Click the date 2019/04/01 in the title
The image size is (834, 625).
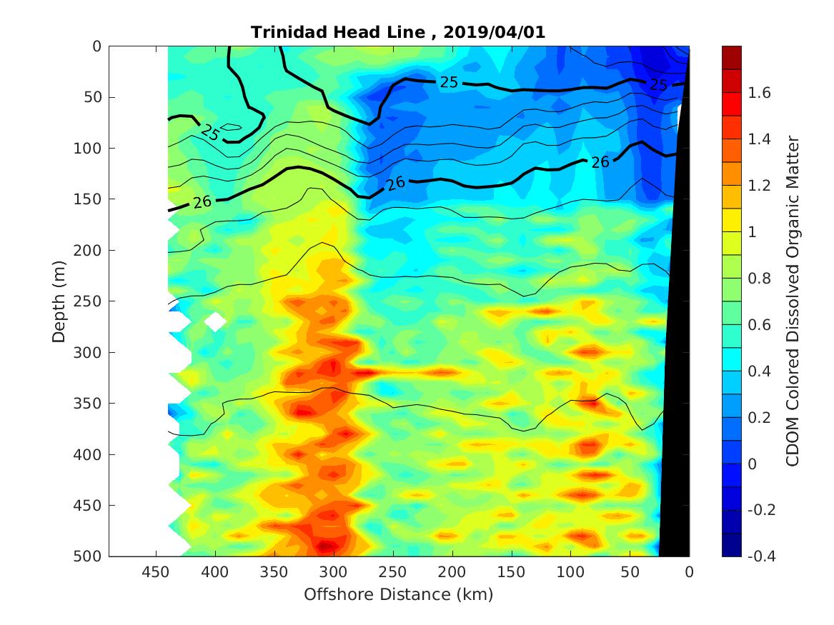pos(495,33)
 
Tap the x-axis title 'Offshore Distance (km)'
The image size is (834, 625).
pos(399,594)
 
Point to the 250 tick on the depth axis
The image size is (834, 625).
pos(91,301)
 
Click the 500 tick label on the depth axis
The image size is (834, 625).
pos(91,556)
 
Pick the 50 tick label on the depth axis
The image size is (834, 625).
pos(94,97)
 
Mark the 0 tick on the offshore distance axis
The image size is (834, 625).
pos(689,573)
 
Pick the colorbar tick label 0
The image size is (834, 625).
pos(753,464)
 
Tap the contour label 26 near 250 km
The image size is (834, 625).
pos(395,184)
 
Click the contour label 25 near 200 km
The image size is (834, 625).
pos(449,82)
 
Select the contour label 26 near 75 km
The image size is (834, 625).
pos(600,163)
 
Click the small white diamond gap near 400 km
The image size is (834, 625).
pos(215,321)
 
